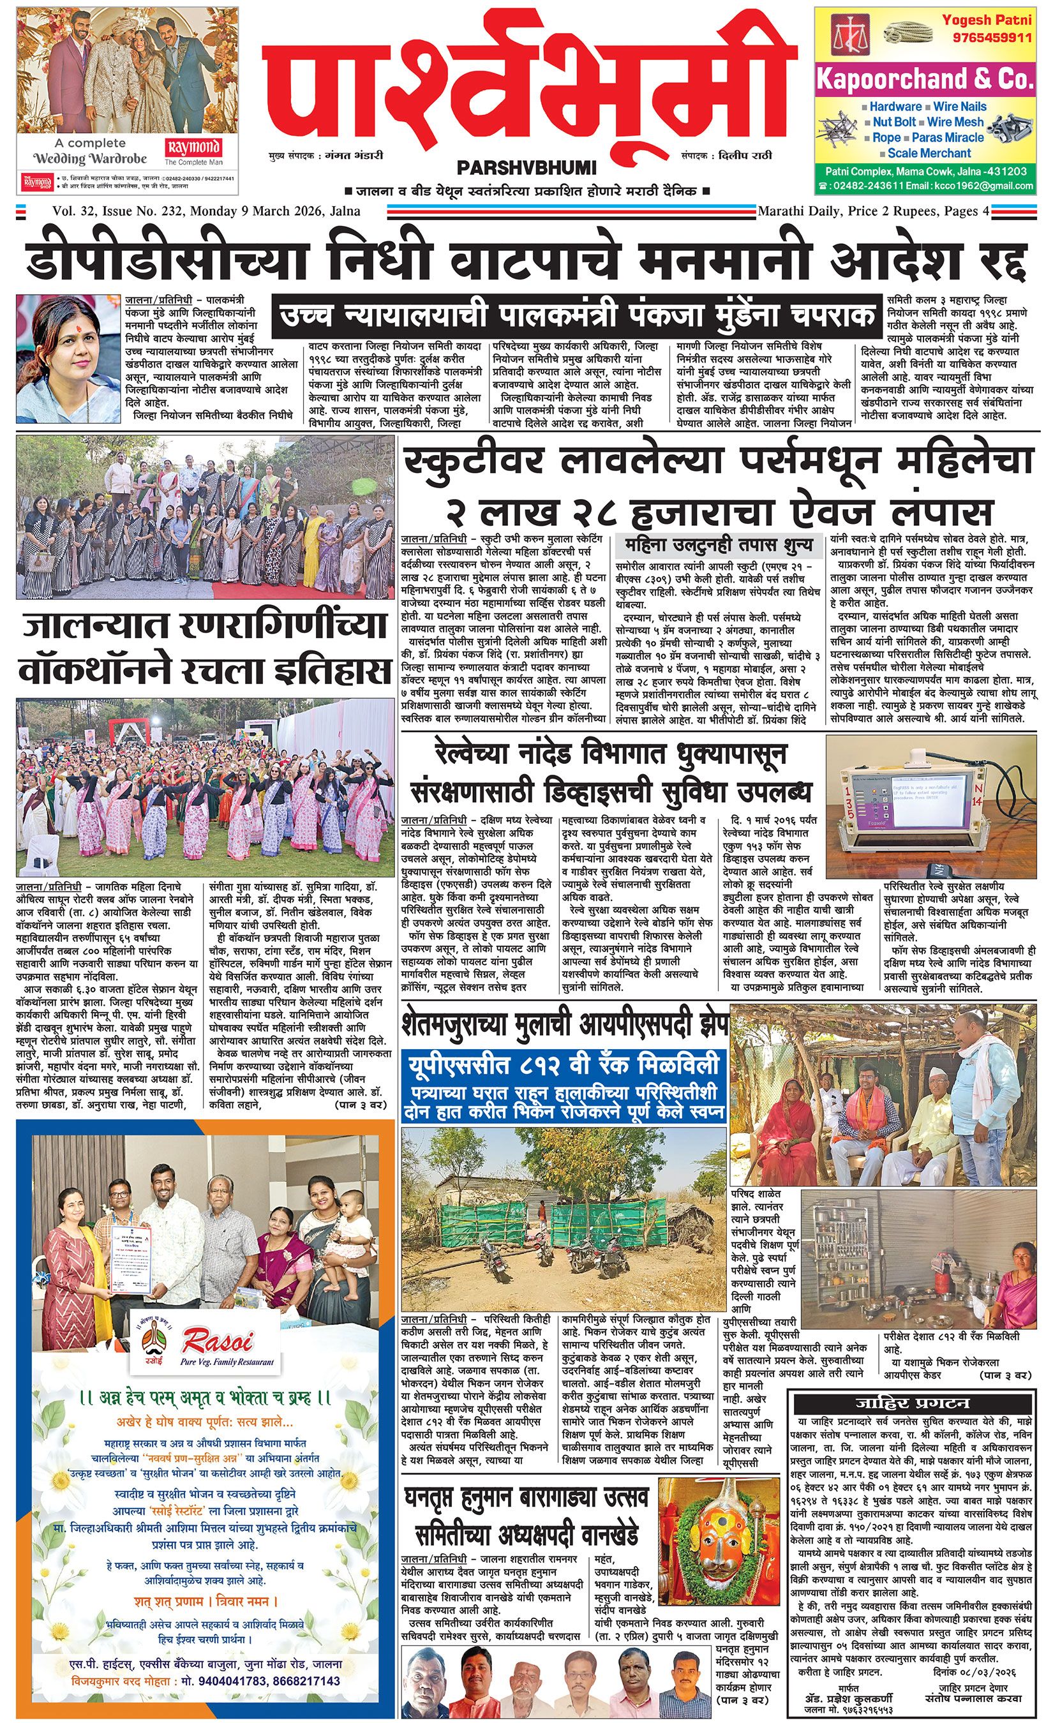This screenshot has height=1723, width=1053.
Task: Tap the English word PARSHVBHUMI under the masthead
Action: pyautogui.click(x=526, y=168)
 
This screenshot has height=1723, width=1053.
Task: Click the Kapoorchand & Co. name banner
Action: pyautogui.click(x=924, y=80)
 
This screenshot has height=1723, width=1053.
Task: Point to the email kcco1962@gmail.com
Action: pyautogui.click(x=984, y=185)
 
